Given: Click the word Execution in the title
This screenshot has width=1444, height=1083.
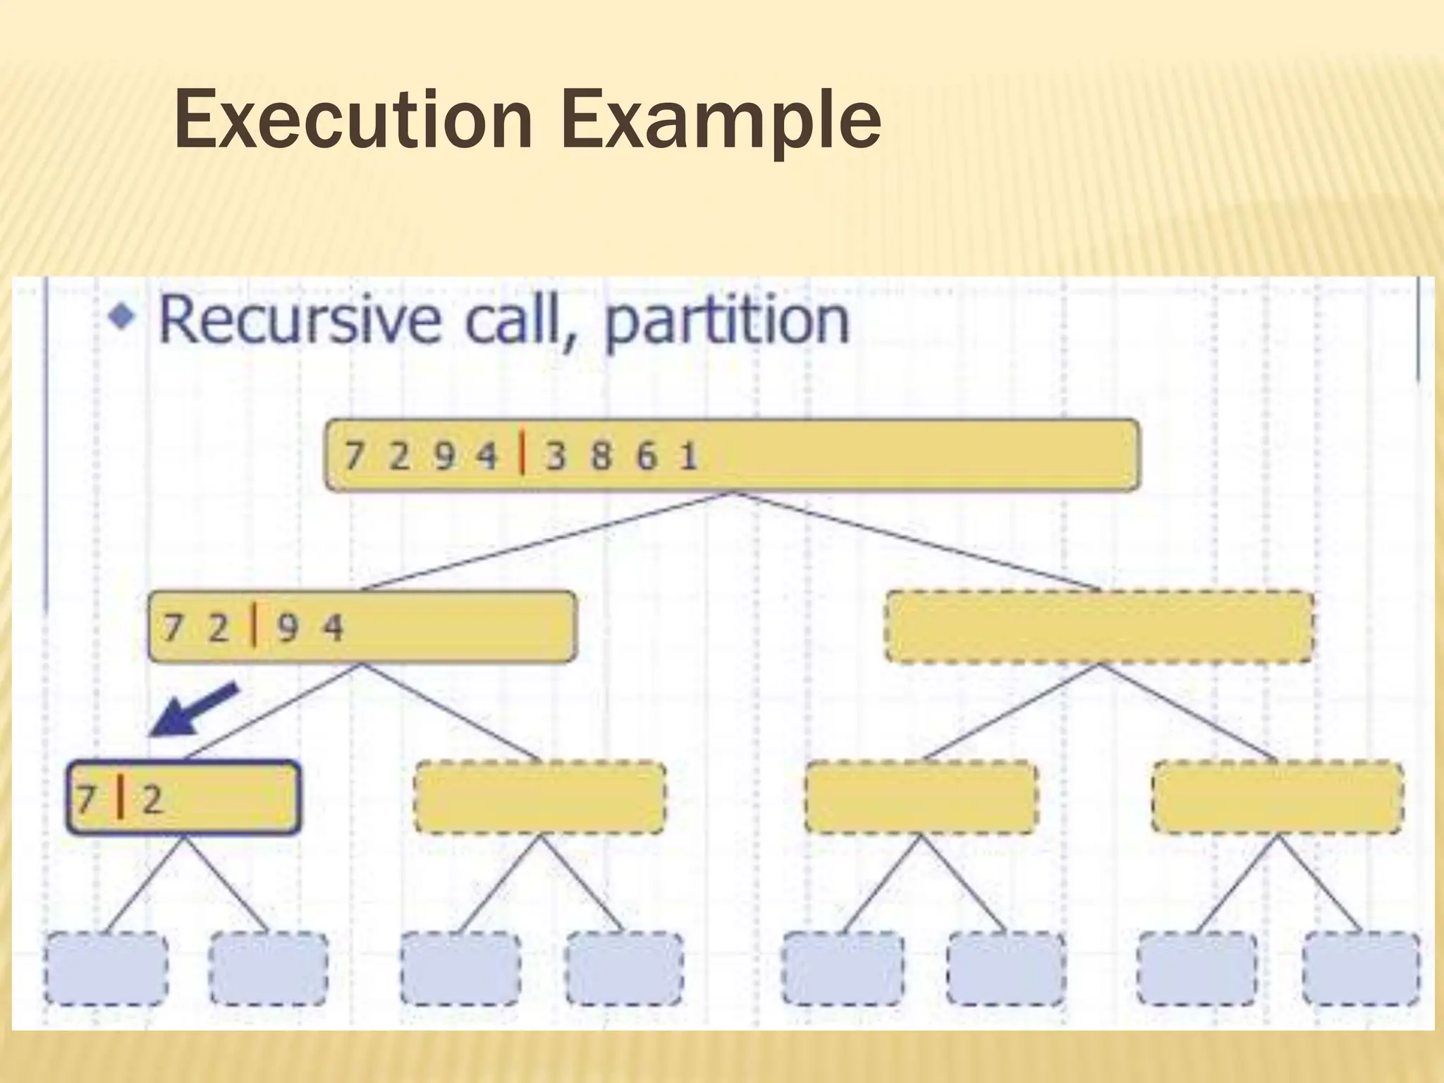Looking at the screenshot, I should point(353,120).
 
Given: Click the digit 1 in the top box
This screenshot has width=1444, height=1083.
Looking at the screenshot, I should point(688,456).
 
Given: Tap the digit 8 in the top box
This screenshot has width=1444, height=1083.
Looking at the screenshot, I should point(601,456).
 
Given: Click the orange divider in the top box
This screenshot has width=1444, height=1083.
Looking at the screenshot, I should point(522,455).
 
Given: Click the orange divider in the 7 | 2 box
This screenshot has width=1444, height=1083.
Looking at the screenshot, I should point(121,797).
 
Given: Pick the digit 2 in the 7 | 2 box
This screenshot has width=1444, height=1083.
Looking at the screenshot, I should point(152,800).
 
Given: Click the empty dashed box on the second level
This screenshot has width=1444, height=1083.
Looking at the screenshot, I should point(1099,627).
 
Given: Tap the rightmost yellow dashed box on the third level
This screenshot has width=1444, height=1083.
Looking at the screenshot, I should point(1277,797).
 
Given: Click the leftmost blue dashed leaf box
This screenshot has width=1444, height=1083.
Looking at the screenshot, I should point(106,968).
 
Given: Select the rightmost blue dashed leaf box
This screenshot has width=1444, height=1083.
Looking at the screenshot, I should point(1361,968).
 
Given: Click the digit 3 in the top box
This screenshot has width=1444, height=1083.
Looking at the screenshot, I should point(556,456).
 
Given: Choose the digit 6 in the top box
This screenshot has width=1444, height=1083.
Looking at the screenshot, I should point(646,456).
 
